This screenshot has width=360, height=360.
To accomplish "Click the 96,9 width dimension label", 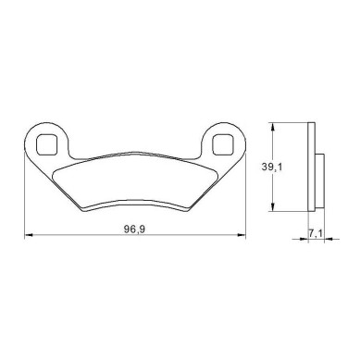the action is point(135,229).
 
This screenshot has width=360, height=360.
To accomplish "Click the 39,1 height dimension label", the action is point(272,167).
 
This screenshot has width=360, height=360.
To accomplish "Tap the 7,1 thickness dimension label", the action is point(316,233).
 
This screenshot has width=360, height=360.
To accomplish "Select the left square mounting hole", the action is point(47,144).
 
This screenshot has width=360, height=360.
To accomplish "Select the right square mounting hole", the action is point(223,144).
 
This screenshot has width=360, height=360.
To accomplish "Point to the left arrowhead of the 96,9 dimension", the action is point(29,235).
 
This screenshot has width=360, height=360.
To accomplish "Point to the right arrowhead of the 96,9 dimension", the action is point(242,235).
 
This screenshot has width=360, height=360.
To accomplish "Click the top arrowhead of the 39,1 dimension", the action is point(272,127).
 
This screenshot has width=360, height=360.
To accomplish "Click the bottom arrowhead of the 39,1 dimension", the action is point(272,207).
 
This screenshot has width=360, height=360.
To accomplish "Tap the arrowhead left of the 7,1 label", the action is point(304,239).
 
